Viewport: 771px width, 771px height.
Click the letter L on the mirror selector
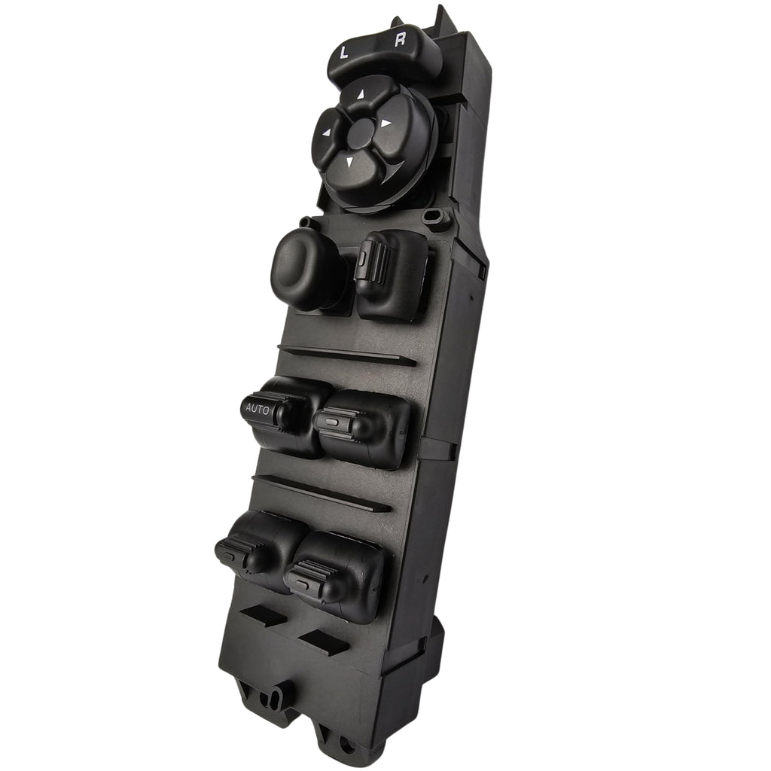point(344,52)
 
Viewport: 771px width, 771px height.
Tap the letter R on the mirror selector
point(400,41)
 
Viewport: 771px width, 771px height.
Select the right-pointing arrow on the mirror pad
point(385,121)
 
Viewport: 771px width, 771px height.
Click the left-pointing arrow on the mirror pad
point(327,133)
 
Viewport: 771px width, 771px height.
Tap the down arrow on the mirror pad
point(350,161)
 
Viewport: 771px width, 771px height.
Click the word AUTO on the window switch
point(258,407)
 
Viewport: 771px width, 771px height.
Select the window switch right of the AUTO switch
point(362,425)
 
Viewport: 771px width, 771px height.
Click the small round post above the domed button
point(305,222)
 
